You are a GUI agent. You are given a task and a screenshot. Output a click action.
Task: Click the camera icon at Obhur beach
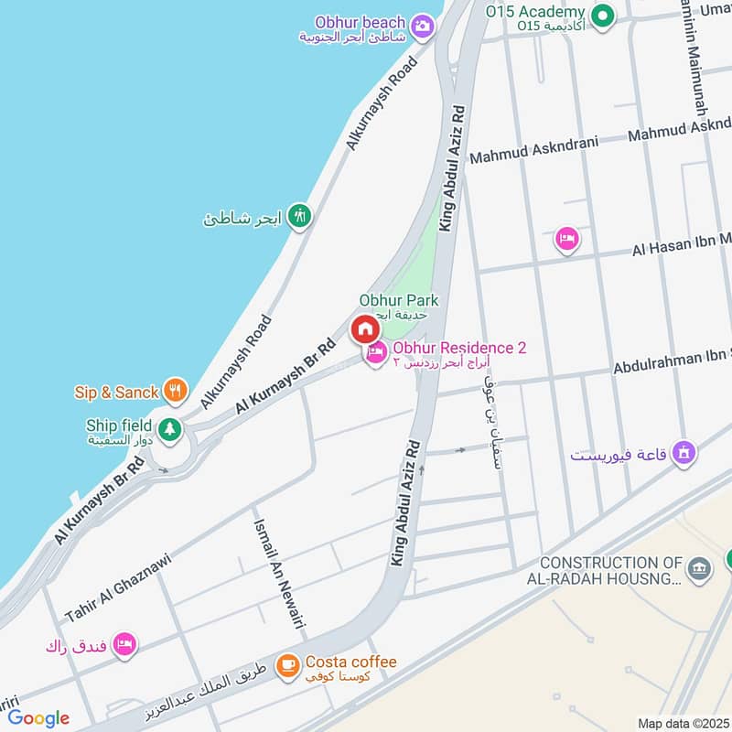(x=422, y=26)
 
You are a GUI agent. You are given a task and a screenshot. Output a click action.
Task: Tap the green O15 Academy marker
(x=602, y=15)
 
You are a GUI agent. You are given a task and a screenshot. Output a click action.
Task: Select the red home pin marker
(x=364, y=328)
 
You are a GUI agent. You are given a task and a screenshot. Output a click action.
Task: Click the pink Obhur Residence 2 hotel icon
(x=375, y=352)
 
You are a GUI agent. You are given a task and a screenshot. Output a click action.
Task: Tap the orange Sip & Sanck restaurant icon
(x=176, y=392)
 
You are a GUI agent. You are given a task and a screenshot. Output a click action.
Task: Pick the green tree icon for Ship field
(x=168, y=428)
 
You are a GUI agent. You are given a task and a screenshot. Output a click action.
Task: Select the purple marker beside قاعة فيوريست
(x=683, y=452)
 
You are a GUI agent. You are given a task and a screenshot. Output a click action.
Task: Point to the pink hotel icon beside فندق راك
(x=126, y=644)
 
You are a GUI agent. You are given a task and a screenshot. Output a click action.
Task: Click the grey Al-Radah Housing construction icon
(x=700, y=568)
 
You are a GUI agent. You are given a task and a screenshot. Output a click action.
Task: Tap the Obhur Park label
(x=398, y=300)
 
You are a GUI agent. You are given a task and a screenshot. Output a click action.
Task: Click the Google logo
(x=38, y=718)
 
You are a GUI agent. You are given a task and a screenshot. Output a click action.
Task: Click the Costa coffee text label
(x=351, y=662)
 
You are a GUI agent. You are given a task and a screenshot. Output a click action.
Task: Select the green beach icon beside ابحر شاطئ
(x=299, y=217)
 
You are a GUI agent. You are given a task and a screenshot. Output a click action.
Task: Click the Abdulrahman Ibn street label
(x=672, y=362)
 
